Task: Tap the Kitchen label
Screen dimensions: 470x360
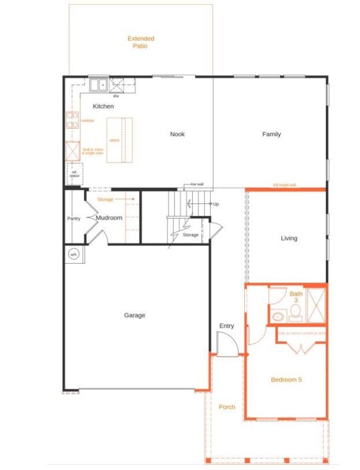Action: pyautogui.click(x=103, y=106)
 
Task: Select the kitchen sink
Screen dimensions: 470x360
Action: pyautogui.click(x=97, y=85)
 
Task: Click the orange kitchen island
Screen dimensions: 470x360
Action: pyautogui.click(x=119, y=140)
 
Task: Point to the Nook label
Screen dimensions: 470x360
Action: pyautogui.click(x=177, y=134)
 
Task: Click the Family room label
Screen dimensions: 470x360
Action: pyautogui.click(x=271, y=134)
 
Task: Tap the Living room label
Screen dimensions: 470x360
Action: pyautogui.click(x=289, y=238)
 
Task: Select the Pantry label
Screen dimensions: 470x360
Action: pyautogui.click(x=73, y=219)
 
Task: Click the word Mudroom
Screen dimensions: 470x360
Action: pyautogui.click(x=109, y=218)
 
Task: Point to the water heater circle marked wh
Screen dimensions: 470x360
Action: pyautogui.click(x=74, y=254)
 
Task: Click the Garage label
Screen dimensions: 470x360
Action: pyautogui.click(x=134, y=315)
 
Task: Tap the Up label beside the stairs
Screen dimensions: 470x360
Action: pyautogui.click(x=216, y=204)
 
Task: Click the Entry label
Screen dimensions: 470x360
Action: pyautogui.click(x=227, y=326)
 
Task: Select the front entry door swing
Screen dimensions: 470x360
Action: pyautogui.click(x=227, y=344)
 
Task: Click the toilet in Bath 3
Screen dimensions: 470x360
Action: pyautogui.click(x=296, y=312)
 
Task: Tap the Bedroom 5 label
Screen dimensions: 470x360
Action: pyautogui.click(x=286, y=380)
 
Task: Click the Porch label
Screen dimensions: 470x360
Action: pyautogui.click(x=227, y=407)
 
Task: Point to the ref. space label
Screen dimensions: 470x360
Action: pyautogui.click(x=75, y=174)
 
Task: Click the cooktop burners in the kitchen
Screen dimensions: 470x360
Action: pyautogui.click(x=72, y=120)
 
